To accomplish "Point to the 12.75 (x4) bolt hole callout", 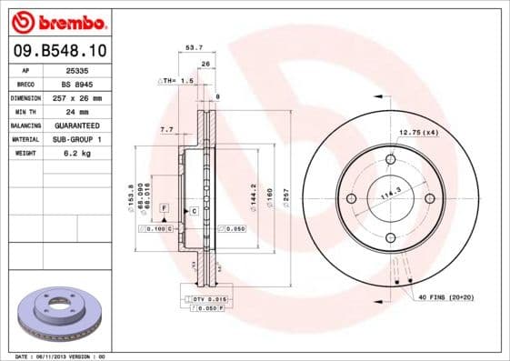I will [418, 133].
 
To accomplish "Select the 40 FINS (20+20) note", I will [445, 297].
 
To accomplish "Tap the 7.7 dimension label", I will [166, 130].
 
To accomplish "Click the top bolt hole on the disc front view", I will [390, 160].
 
